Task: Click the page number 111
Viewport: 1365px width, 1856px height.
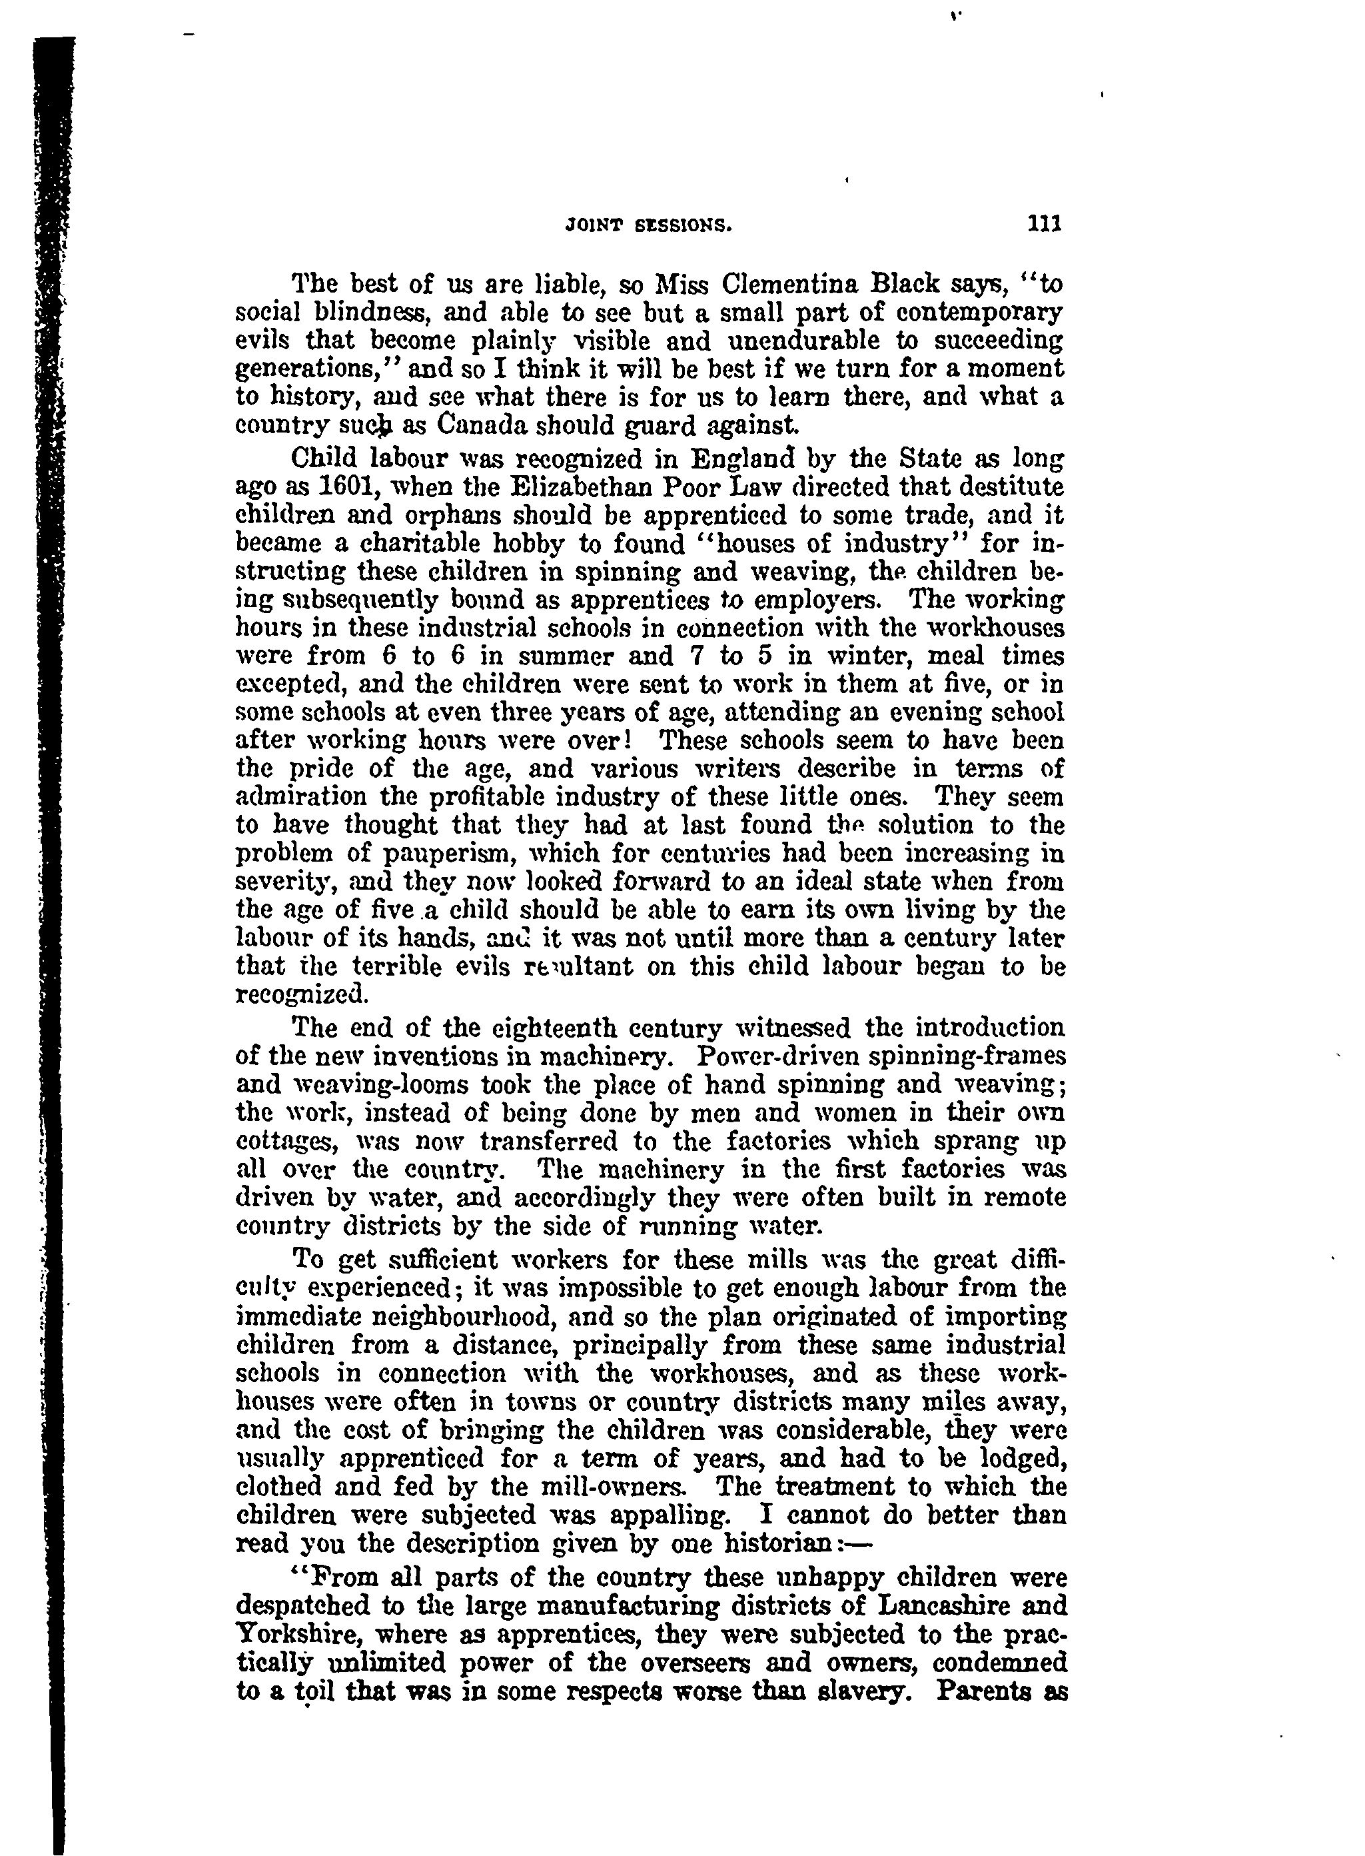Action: [x=1045, y=224]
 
